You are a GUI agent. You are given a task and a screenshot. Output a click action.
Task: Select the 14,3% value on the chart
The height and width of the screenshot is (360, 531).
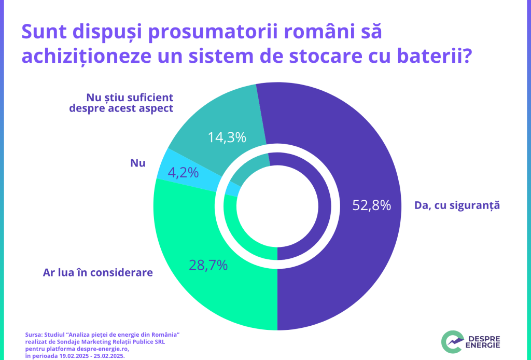point(227,137)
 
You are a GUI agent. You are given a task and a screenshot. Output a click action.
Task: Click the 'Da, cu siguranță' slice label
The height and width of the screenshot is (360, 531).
point(456,205)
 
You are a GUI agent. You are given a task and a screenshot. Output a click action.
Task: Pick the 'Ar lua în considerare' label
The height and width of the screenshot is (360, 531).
point(98,272)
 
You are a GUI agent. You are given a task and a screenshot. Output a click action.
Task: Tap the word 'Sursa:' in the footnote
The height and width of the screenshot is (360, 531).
point(33,335)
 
